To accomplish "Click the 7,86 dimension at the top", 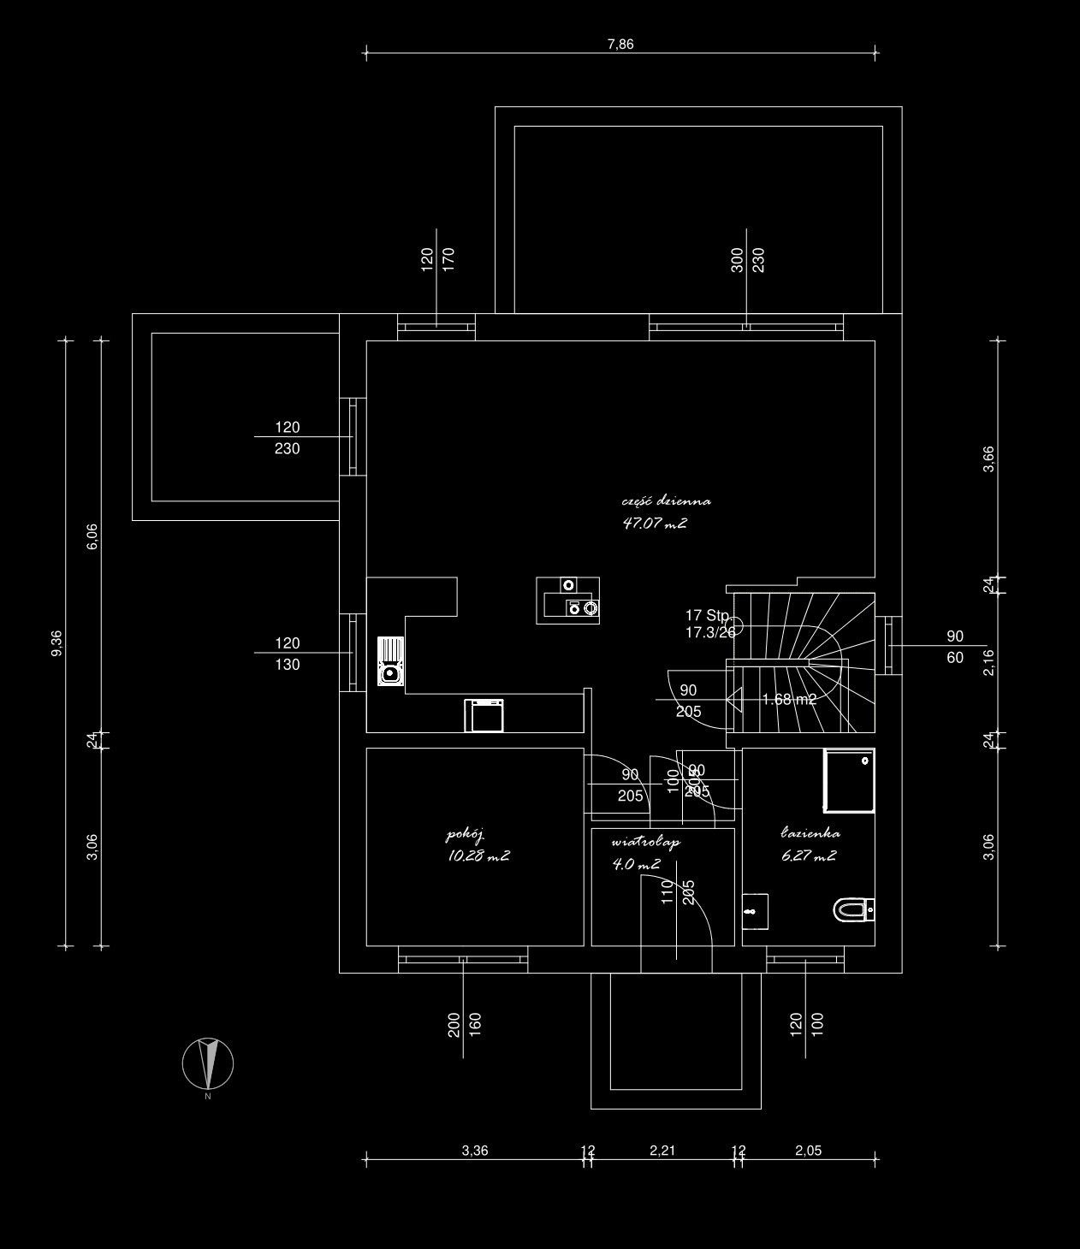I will (x=620, y=44).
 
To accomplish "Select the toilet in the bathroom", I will (x=852, y=910).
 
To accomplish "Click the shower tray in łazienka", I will (x=848, y=780).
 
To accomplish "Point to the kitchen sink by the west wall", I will (x=390, y=661).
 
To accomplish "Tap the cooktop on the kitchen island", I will (x=581, y=607).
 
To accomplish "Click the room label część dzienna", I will (x=666, y=501).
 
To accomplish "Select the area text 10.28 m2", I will (x=478, y=856).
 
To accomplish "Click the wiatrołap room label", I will (x=645, y=842).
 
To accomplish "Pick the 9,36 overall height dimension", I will (x=57, y=643).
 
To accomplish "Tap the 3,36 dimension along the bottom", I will (x=474, y=1151).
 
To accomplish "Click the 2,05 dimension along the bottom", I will (x=808, y=1151).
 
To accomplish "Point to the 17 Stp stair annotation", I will (x=707, y=615).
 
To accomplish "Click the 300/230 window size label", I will (x=747, y=260).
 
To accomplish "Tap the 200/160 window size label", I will (x=465, y=1024).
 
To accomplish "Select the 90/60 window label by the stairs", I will (x=955, y=647).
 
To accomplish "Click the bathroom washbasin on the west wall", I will (x=755, y=912).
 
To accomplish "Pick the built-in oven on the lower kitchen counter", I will (x=485, y=715).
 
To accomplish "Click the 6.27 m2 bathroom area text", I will (x=808, y=855).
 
